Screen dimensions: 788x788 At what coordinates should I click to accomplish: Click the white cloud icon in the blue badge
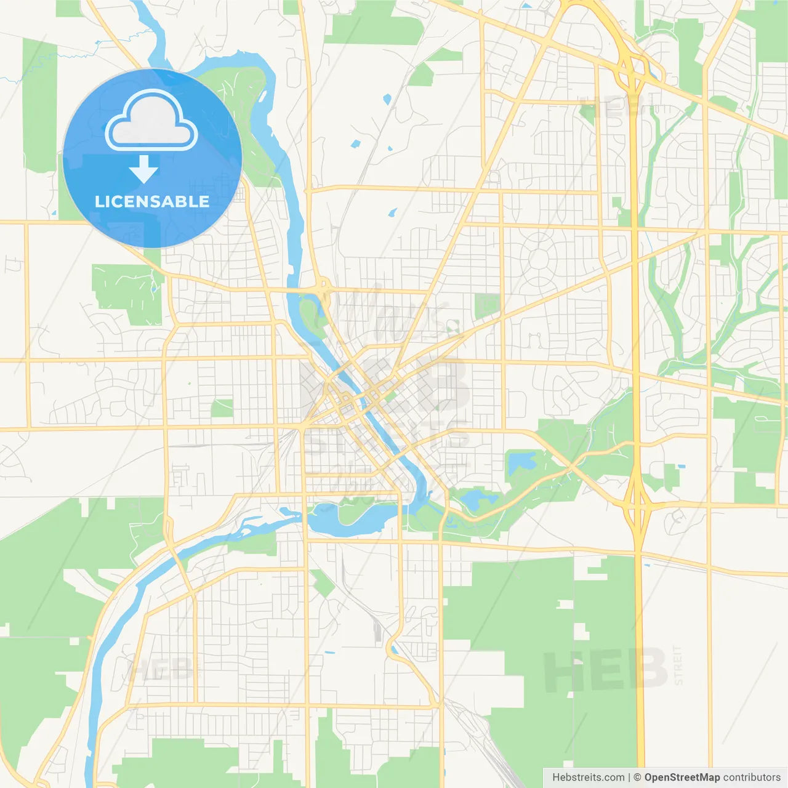(x=151, y=121)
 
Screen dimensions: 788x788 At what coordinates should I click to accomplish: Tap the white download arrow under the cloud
(x=144, y=170)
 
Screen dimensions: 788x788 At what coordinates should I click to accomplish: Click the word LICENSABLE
(x=152, y=201)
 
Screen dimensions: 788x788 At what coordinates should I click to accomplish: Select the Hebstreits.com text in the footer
(x=588, y=778)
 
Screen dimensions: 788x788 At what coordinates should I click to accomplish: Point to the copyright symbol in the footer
(x=637, y=778)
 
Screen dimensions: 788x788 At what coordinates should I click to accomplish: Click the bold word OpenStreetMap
(x=682, y=778)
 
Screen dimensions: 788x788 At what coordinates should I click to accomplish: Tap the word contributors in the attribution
(x=752, y=778)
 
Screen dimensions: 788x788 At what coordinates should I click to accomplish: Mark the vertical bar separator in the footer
(x=629, y=778)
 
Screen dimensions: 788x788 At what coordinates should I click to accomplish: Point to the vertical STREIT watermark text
(x=678, y=665)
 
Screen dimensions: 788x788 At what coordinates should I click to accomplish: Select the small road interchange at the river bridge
(x=323, y=288)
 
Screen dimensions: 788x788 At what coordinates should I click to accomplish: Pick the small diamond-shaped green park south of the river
(x=321, y=582)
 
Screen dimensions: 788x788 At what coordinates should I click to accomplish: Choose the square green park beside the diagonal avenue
(x=487, y=305)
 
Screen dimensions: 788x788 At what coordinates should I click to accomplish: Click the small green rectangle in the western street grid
(x=222, y=408)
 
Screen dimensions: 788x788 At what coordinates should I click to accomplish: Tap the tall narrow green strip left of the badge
(x=39, y=105)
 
